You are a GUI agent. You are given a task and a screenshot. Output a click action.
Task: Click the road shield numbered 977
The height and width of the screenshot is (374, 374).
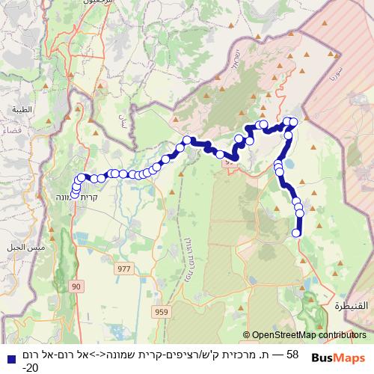click(x=123, y=267)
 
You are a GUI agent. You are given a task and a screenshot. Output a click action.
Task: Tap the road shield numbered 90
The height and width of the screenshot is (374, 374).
click(x=76, y=286)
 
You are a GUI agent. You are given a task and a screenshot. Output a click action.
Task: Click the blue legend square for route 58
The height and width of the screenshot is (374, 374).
click(x=10, y=355)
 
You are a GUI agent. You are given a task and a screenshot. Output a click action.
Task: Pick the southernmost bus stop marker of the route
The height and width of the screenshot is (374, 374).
click(x=296, y=233)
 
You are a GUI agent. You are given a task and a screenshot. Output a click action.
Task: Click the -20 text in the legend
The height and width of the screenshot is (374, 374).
click(x=30, y=367)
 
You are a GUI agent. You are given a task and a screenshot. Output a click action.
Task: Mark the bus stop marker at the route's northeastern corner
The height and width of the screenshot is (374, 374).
click(x=293, y=122)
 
